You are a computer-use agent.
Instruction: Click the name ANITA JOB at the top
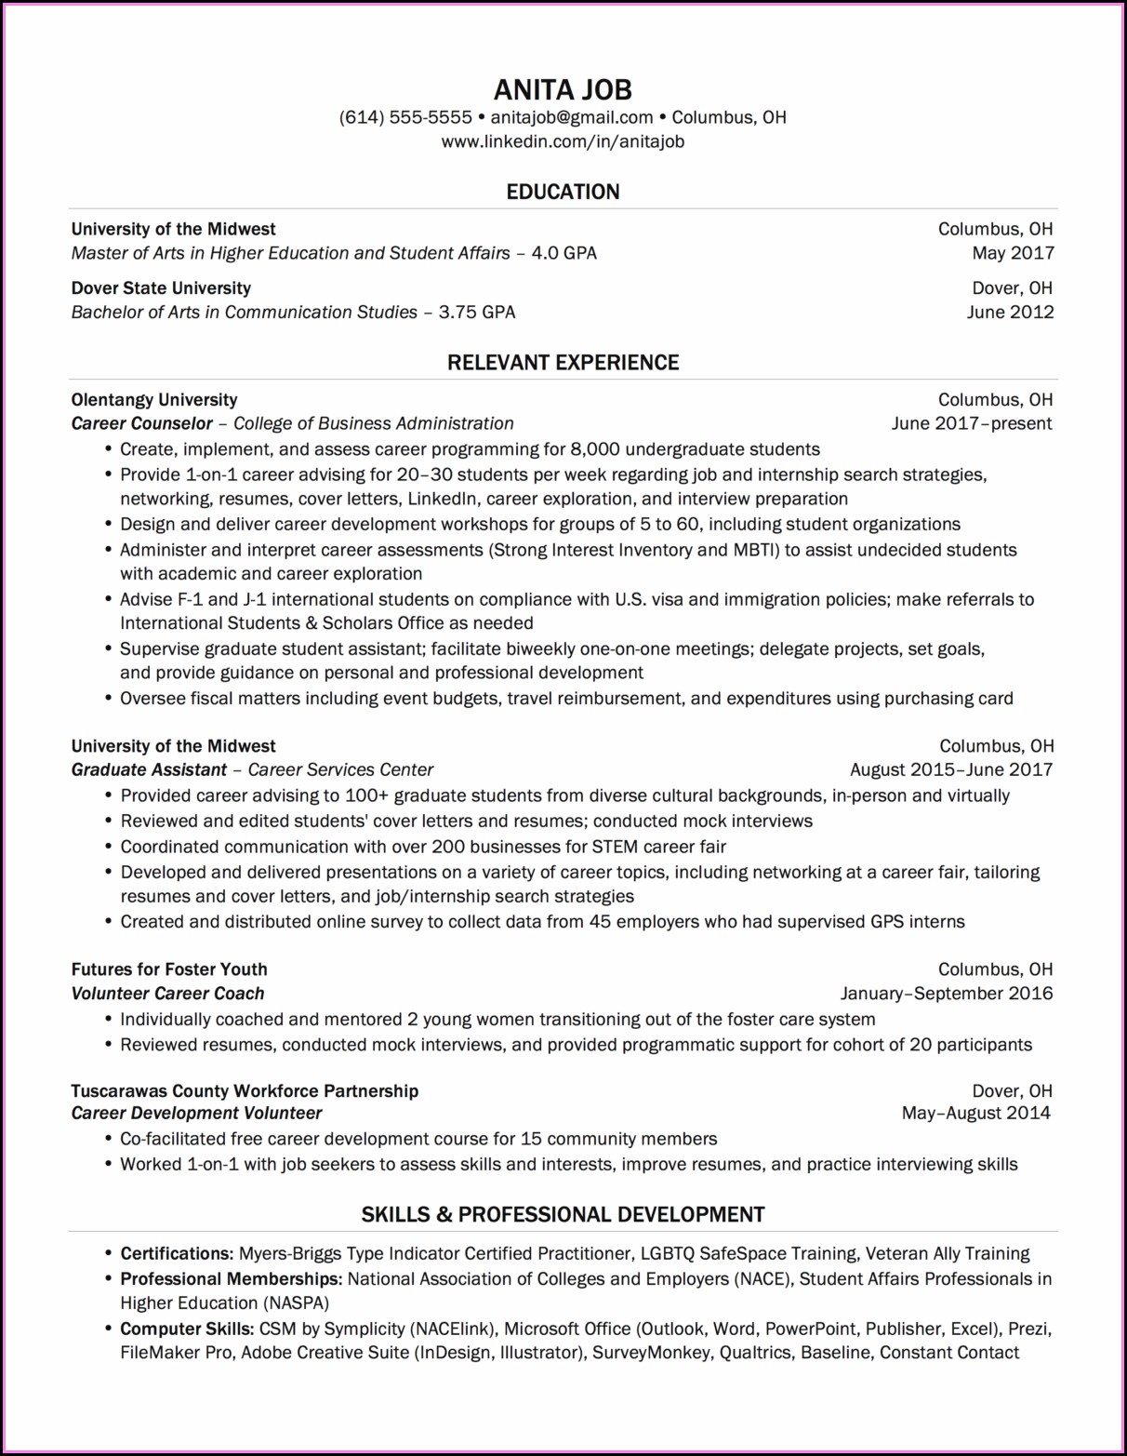(563, 89)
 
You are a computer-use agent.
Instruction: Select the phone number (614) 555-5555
(405, 117)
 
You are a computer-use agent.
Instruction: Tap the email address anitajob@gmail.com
(572, 117)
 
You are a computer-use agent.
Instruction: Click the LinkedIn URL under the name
(563, 141)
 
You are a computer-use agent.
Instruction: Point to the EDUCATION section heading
(563, 192)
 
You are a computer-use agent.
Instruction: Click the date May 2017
(1013, 253)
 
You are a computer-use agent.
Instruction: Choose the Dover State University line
(161, 288)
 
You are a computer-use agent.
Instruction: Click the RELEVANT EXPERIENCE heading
(563, 363)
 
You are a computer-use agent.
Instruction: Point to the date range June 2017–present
(972, 424)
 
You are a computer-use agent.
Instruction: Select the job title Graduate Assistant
(149, 770)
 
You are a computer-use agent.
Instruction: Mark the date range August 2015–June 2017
(951, 770)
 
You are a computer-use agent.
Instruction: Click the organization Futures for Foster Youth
(169, 969)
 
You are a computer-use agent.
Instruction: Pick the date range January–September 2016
(947, 994)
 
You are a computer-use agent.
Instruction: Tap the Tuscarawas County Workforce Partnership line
(245, 1090)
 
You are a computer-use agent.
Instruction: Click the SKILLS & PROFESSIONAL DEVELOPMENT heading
(563, 1214)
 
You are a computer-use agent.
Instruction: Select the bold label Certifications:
(177, 1253)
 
